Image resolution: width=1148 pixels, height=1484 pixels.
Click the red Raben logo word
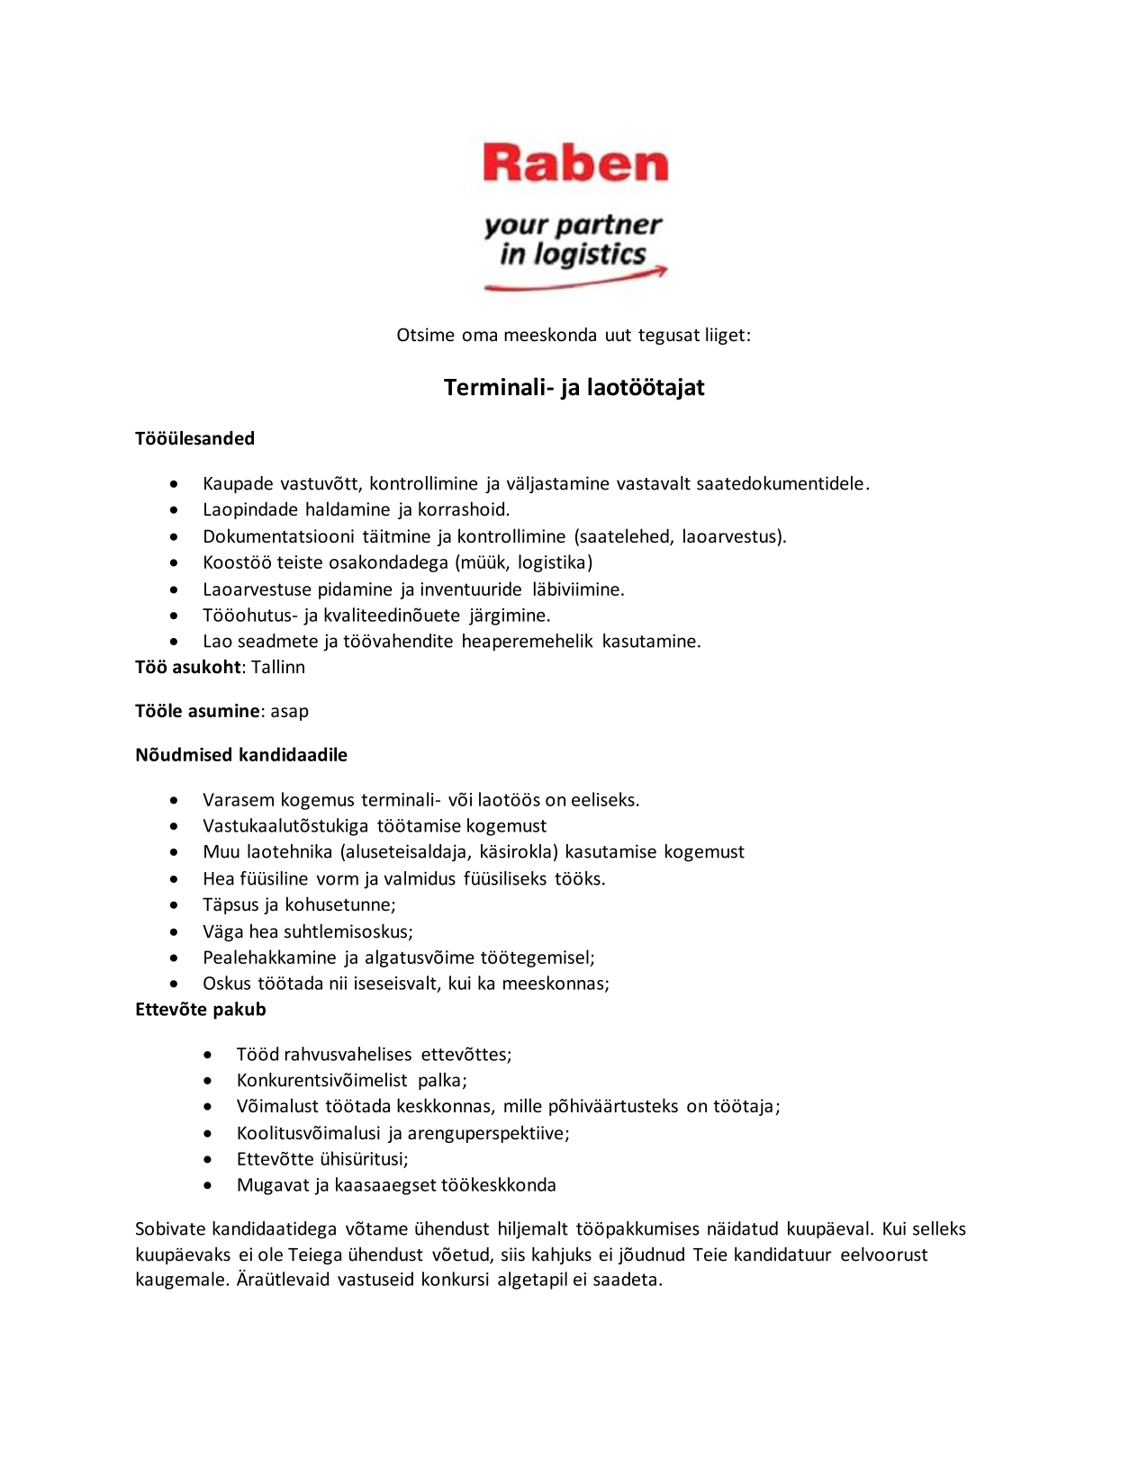575,163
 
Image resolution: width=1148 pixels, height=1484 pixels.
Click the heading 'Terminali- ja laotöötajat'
574,388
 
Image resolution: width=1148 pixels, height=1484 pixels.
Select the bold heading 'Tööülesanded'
194,439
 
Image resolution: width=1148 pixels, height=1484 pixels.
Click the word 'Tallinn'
278,668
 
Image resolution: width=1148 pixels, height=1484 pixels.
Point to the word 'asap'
289,712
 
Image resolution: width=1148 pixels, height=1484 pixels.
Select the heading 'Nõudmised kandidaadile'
241,755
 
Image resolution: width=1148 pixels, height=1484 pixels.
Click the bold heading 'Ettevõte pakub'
201,1010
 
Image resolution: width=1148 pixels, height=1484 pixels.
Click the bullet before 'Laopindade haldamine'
174,511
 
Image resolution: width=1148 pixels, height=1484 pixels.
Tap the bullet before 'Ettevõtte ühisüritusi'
208,1160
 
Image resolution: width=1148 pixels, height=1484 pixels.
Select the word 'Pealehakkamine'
269,958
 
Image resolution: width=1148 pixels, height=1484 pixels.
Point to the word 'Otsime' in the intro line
425,336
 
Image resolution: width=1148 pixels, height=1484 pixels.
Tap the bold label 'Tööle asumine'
197,712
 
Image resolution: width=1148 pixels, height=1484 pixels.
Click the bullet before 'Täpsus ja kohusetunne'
174,906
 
